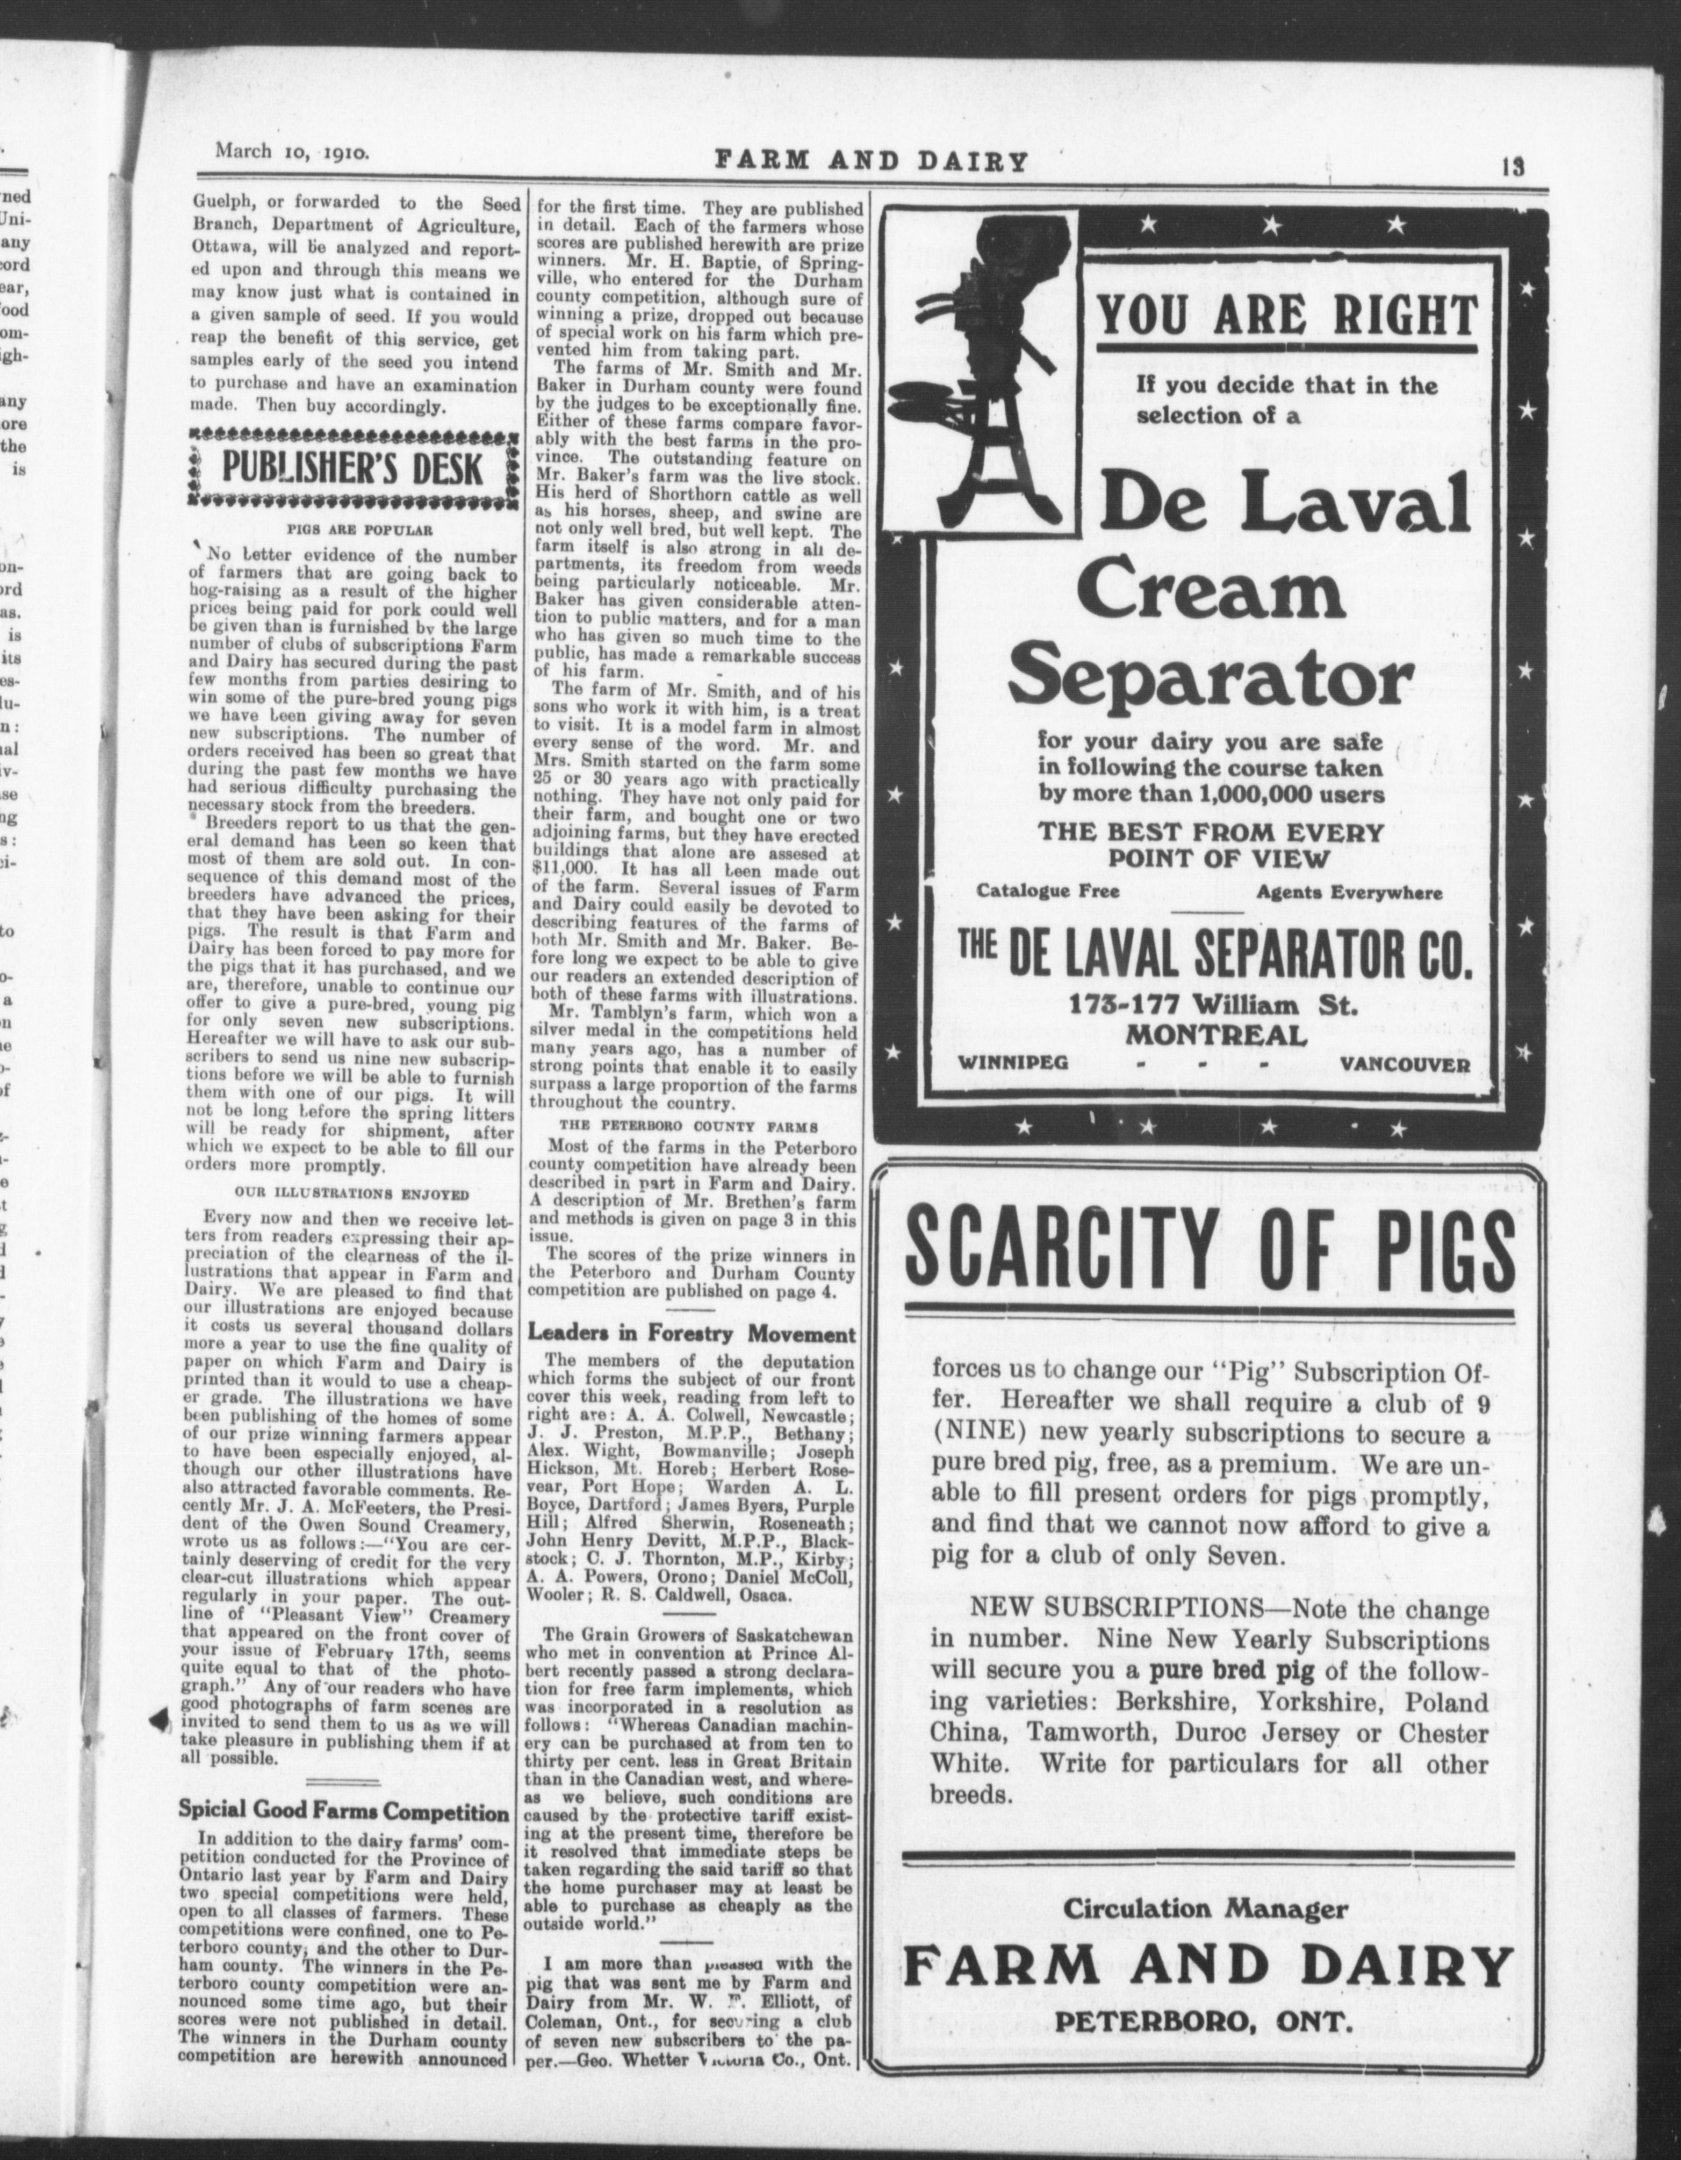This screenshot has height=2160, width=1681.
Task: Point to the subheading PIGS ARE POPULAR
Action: pyautogui.click(x=352, y=530)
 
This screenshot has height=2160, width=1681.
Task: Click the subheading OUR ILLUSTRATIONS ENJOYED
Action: pyautogui.click(x=352, y=1194)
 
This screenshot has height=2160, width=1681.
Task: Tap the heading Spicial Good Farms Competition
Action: pyautogui.click(x=343, y=1812)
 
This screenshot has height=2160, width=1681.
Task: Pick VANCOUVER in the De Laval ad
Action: pyautogui.click(x=1405, y=1064)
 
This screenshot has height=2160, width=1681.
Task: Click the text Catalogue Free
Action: pyautogui.click(x=1048, y=891)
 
